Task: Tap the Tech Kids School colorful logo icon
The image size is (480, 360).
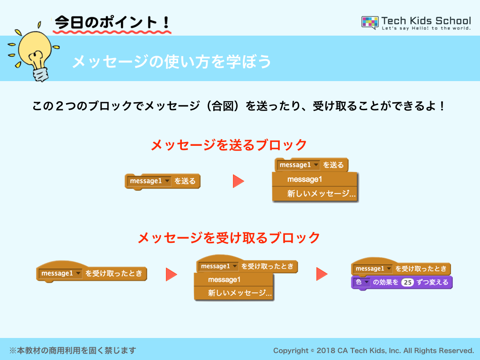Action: [370, 22]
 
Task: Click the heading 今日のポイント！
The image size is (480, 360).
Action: [112, 22]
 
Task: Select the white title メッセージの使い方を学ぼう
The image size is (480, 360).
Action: [172, 61]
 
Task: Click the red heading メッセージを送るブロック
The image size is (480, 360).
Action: [229, 145]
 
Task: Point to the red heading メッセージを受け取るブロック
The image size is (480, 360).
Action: [229, 238]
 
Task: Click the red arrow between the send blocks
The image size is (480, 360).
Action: [238, 181]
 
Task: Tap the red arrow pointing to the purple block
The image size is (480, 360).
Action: [322, 274]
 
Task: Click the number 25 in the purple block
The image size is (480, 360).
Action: [407, 282]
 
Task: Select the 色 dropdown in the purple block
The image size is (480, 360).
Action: [361, 282]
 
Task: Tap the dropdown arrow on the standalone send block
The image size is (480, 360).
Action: [167, 181]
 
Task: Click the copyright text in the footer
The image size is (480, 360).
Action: [374, 351]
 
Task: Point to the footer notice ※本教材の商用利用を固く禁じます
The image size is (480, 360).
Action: [73, 350]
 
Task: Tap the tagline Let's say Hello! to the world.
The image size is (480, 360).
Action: [426, 28]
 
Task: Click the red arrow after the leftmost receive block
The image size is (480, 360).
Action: [172, 274]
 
